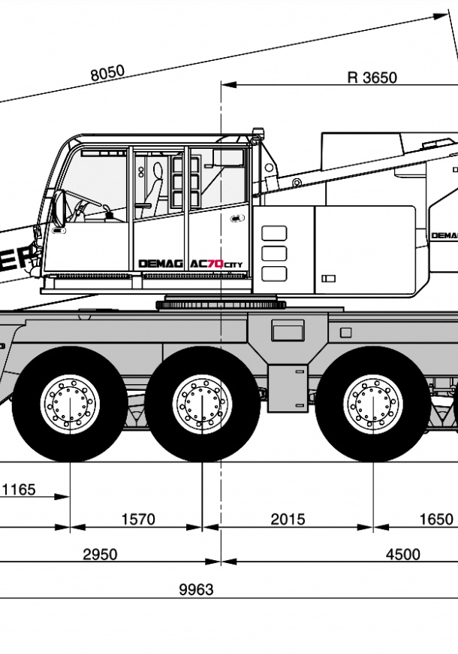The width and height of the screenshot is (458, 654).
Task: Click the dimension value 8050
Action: point(107,73)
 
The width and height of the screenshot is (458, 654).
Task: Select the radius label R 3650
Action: point(372,77)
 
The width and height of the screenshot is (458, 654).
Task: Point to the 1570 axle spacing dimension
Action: point(137,519)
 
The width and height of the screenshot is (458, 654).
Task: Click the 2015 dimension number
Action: point(288,519)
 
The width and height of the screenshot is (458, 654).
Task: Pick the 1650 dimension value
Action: point(436,519)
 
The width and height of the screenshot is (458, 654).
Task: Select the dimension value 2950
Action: point(100,555)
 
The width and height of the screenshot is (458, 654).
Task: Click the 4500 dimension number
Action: point(402,555)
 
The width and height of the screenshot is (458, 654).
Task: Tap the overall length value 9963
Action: point(196,590)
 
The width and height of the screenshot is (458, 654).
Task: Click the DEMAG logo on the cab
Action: point(162,264)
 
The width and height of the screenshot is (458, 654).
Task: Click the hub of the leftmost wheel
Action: point(69,402)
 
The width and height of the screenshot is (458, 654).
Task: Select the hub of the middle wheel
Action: point(202,402)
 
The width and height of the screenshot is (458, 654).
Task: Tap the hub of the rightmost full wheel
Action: point(372,402)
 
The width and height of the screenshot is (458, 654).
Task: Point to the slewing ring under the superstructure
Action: point(221,304)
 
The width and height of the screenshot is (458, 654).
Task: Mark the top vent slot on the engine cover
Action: point(274,233)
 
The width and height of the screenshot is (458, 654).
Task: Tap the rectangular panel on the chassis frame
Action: point(288,331)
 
